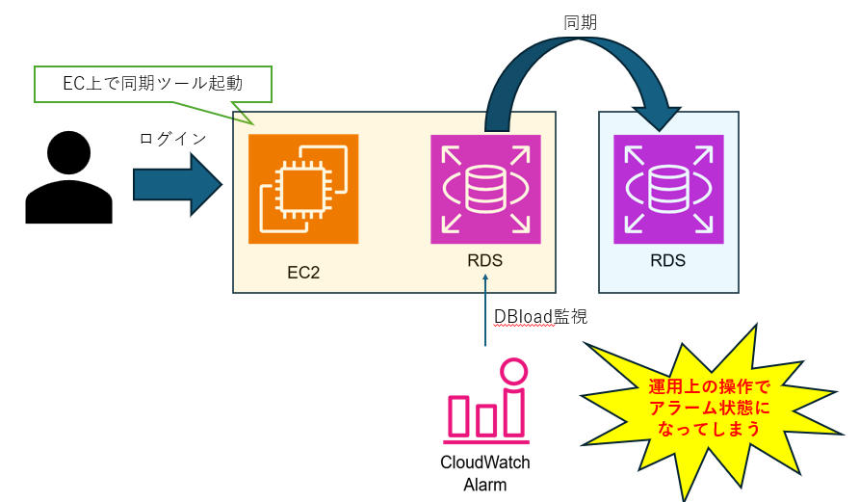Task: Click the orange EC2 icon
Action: pyautogui.click(x=303, y=189)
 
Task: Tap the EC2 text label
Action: pyautogui.click(x=303, y=273)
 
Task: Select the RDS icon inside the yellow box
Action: pyautogui.click(x=485, y=189)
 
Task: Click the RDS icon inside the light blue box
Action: pyautogui.click(x=668, y=189)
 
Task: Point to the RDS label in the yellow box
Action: pyautogui.click(x=484, y=261)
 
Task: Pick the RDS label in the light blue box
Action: pyautogui.click(x=668, y=260)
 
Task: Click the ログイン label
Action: pyautogui.click(x=172, y=139)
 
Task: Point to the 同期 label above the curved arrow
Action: pyautogui.click(x=582, y=21)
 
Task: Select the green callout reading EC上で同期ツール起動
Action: pyautogui.click(x=152, y=84)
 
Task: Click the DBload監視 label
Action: pyautogui.click(x=540, y=315)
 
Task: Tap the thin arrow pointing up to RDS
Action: pyautogui.click(x=485, y=308)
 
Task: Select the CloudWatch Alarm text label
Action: pyautogui.click(x=485, y=473)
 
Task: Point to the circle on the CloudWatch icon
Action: pyautogui.click(x=515, y=373)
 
